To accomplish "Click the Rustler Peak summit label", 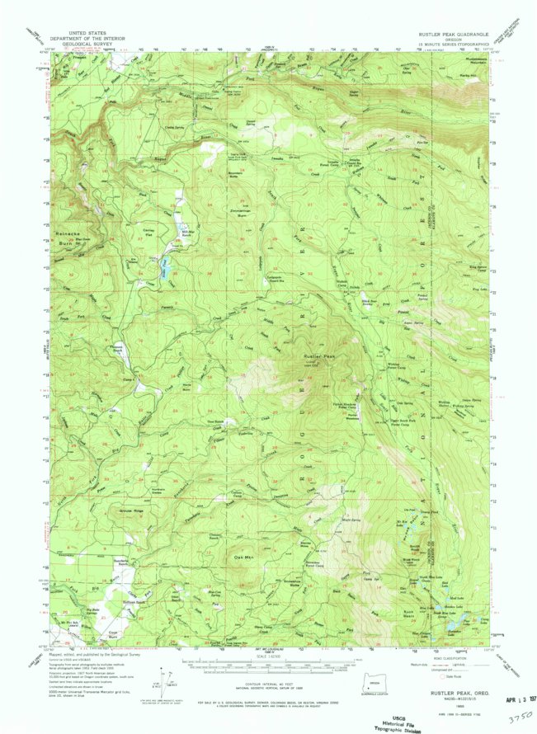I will click(x=319, y=356).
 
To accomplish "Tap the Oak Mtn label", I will click(x=243, y=558).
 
